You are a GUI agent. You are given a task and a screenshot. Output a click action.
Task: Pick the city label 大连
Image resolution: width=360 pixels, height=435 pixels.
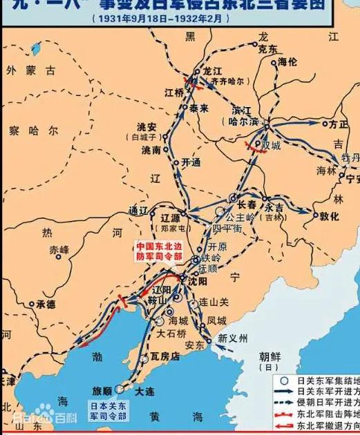144,391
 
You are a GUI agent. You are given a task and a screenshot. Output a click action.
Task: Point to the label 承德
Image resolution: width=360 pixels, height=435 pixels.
46,304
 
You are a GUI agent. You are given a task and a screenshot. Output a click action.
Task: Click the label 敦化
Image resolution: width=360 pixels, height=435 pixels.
329,216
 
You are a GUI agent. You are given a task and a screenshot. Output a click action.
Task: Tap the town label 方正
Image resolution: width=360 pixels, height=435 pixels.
338,124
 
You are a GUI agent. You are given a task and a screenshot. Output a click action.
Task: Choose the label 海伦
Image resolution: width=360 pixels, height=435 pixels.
287,62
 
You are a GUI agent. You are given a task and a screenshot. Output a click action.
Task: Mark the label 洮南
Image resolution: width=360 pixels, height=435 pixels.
151,150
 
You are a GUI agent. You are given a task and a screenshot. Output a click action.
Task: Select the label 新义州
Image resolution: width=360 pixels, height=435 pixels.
231,338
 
